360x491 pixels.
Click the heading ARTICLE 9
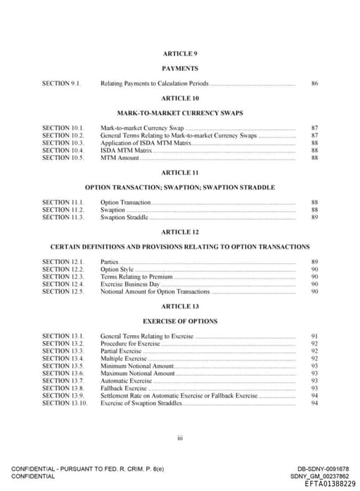[180, 53]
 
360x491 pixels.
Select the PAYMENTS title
[180, 68]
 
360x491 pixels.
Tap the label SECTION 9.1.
[62, 84]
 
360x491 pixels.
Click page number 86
[314, 84]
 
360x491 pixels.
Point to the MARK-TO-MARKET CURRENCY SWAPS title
[180, 113]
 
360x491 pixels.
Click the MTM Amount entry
[120, 158]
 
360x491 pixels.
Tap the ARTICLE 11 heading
[180, 173]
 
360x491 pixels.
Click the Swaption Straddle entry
[124, 217]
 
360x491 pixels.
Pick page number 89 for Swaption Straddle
[314, 217]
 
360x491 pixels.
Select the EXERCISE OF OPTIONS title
[180, 321]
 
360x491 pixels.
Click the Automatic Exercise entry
[126, 381]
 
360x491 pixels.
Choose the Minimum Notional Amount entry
[136, 366]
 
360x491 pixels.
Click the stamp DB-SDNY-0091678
[323, 469]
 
